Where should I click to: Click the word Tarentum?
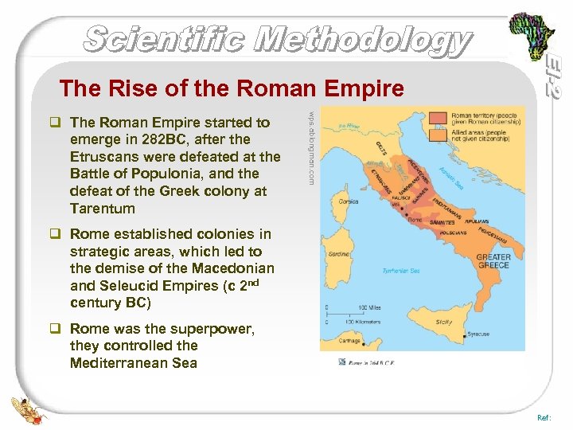(x=103, y=209)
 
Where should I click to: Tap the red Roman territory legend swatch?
(x=439, y=117)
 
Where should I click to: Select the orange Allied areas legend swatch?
(x=439, y=134)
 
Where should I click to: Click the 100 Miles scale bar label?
(x=369, y=307)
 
